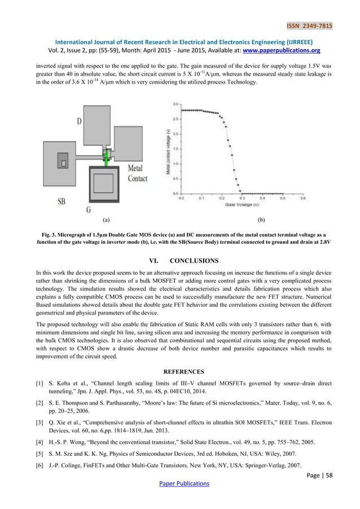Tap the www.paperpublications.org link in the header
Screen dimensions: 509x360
(288, 50)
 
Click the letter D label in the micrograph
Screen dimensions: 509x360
(81, 122)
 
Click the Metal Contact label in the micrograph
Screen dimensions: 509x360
(137, 173)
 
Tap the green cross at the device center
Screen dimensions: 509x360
(106, 160)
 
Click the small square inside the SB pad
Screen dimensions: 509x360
(64, 164)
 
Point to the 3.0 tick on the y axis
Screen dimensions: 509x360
(175, 104)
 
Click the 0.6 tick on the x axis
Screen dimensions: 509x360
(302, 199)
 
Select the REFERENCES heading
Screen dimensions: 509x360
(180, 372)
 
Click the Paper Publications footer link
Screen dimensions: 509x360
(180, 484)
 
